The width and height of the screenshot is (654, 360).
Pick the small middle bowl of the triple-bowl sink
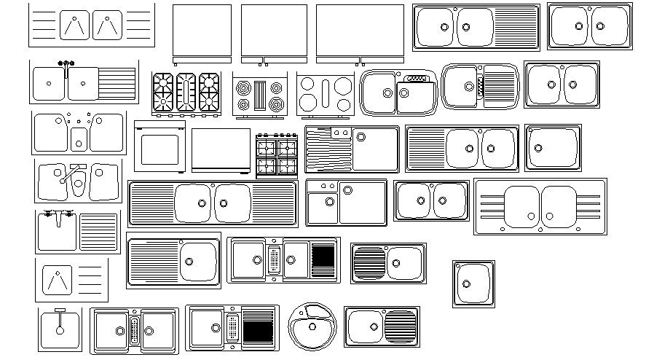79,137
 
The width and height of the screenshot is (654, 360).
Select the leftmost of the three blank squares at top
202,31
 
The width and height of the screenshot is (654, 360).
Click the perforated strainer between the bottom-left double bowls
134,330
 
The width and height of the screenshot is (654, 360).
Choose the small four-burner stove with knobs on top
277,155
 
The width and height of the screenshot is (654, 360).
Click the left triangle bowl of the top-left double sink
71,26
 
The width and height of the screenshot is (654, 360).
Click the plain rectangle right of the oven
221,150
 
